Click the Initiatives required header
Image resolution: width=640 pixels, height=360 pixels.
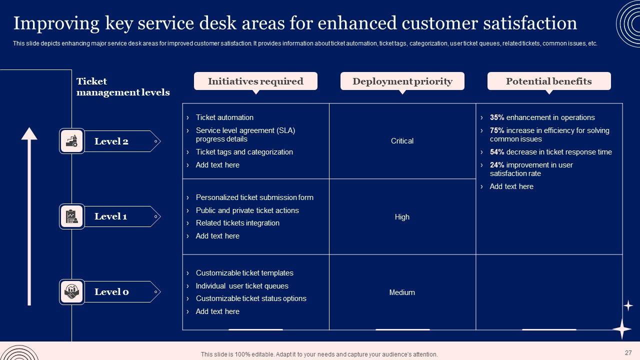click(255, 81)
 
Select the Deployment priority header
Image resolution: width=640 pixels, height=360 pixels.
click(402, 81)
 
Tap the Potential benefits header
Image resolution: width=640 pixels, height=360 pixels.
click(548, 81)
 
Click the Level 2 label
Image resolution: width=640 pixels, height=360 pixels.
click(111, 141)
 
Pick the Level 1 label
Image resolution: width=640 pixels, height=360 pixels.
click(110, 216)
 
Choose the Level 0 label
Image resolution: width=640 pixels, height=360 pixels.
click(111, 292)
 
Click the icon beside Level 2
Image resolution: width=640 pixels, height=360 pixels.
click(71, 141)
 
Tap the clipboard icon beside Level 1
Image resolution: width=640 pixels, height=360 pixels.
click(71, 216)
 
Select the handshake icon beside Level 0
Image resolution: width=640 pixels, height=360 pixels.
click(71, 292)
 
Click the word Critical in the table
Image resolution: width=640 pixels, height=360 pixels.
click(402, 141)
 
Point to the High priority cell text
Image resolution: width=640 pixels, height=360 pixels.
click(402, 217)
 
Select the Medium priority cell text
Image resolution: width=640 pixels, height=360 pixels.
click(402, 292)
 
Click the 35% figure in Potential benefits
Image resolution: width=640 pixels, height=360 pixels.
click(497, 117)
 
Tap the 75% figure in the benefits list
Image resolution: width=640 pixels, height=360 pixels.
click(497, 130)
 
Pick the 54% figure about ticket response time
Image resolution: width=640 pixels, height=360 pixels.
click(497, 152)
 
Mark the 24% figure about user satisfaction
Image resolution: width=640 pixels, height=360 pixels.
click(497, 165)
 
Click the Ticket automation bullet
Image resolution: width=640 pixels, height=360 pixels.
click(224, 117)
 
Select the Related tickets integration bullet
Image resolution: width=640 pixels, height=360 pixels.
click(237, 223)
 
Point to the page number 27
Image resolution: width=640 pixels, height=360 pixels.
click(628, 352)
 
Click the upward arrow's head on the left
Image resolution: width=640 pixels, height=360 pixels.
click(29, 133)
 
